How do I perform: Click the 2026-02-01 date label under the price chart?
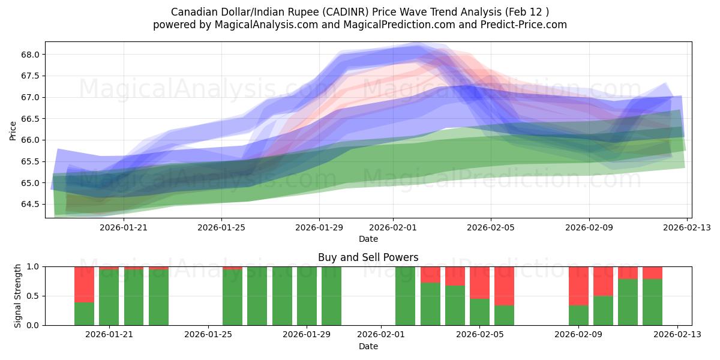pyautogui.click(x=393, y=227)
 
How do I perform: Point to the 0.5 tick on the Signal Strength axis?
pyautogui.click(x=34, y=296)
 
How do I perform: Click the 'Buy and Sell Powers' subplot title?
pyautogui.click(x=368, y=258)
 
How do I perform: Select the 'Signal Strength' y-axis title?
pyautogui.click(x=18, y=296)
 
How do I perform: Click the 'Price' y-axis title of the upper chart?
pyautogui.click(x=13, y=130)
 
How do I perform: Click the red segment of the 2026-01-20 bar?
pyautogui.click(x=84, y=284)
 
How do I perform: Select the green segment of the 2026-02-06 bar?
pyautogui.click(x=504, y=315)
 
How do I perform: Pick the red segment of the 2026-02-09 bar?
pyautogui.click(x=578, y=286)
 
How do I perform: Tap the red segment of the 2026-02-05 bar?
pyautogui.click(x=479, y=283)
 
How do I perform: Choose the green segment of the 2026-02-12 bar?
pyautogui.click(x=652, y=302)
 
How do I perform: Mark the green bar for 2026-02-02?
pyautogui.click(x=406, y=296)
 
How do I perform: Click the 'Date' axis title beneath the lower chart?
pyautogui.click(x=368, y=346)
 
